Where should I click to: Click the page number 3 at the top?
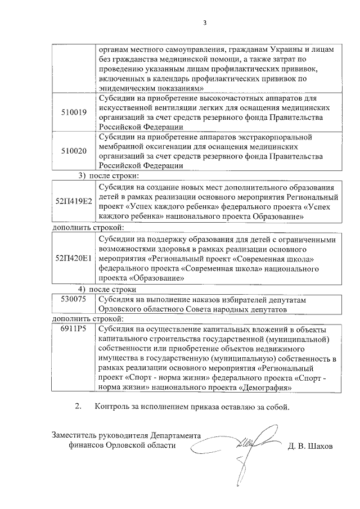(205, 23)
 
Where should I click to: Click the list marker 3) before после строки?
(82, 176)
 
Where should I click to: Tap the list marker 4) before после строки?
(82, 289)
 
